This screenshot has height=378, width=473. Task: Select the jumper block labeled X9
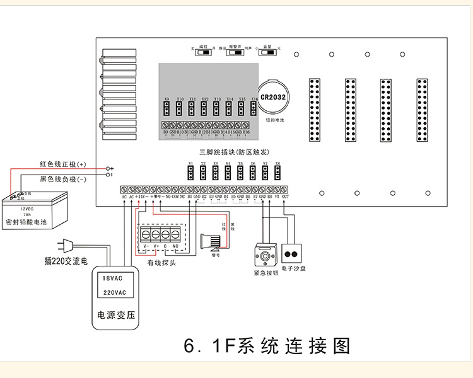(x=166, y=108)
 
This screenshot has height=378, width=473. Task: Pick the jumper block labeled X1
(x=190, y=171)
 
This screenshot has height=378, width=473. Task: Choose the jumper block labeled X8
(x=277, y=171)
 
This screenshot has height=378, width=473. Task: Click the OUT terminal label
(x=286, y=197)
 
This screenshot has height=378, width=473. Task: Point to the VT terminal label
(x=277, y=197)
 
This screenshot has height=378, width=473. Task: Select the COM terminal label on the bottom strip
(x=175, y=197)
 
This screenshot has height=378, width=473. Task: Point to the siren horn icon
(x=213, y=241)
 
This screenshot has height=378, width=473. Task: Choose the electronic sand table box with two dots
(x=293, y=254)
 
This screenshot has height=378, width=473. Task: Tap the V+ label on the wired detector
(x=156, y=246)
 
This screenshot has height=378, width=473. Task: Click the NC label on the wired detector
(x=176, y=246)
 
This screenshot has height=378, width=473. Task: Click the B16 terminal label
(x=247, y=132)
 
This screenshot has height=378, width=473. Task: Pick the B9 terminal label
(x=166, y=132)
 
